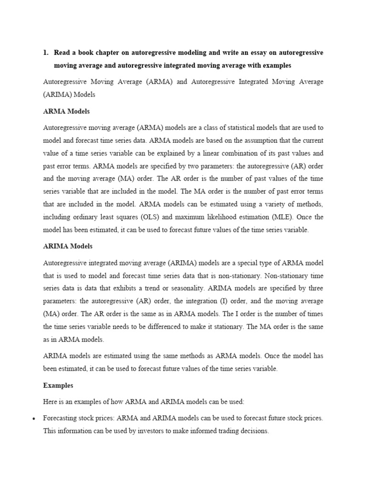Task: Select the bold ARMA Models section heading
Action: (x=66, y=111)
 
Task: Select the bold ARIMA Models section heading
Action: (x=68, y=246)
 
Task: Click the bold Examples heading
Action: (x=58, y=385)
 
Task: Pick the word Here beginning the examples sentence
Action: (x=51, y=402)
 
